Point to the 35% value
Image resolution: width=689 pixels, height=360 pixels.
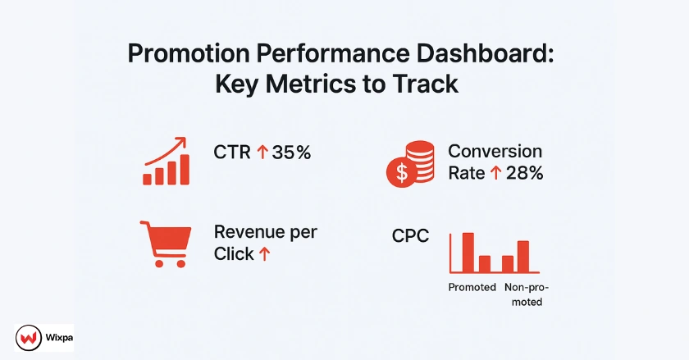[x=291, y=153]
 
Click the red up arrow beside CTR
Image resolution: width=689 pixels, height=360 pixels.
[x=262, y=153]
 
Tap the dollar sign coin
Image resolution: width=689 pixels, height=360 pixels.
[x=402, y=171]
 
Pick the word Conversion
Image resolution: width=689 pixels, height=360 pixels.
[x=495, y=152]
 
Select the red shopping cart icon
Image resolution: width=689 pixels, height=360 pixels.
[x=167, y=244]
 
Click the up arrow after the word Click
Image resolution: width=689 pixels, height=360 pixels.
[x=264, y=255]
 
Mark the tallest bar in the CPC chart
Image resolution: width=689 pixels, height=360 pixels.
[x=468, y=253]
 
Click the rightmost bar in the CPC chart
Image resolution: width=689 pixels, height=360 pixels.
[x=523, y=256]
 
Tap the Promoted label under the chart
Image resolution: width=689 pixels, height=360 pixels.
[x=472, y=287]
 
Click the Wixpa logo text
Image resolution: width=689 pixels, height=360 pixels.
[x=55, y=337]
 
